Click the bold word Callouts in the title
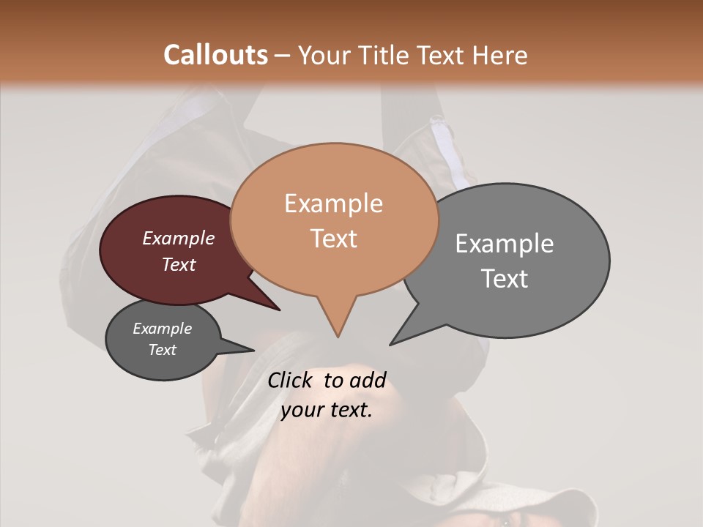pos(215,55)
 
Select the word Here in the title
pos(500,55)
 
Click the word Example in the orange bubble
pos(333,203)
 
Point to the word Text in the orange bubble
pos(333,239)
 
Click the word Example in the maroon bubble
pos(179,238)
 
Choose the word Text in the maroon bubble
pos(179,264)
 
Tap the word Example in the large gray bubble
pos(505,244)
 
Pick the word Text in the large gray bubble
pos(505,279)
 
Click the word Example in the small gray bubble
pos(163,329)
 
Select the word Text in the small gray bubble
pos(163,350)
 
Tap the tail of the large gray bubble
pos(401,337)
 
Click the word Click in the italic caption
pos(291,381)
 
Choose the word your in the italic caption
pos(302,410)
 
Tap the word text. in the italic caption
pos(350,410)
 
